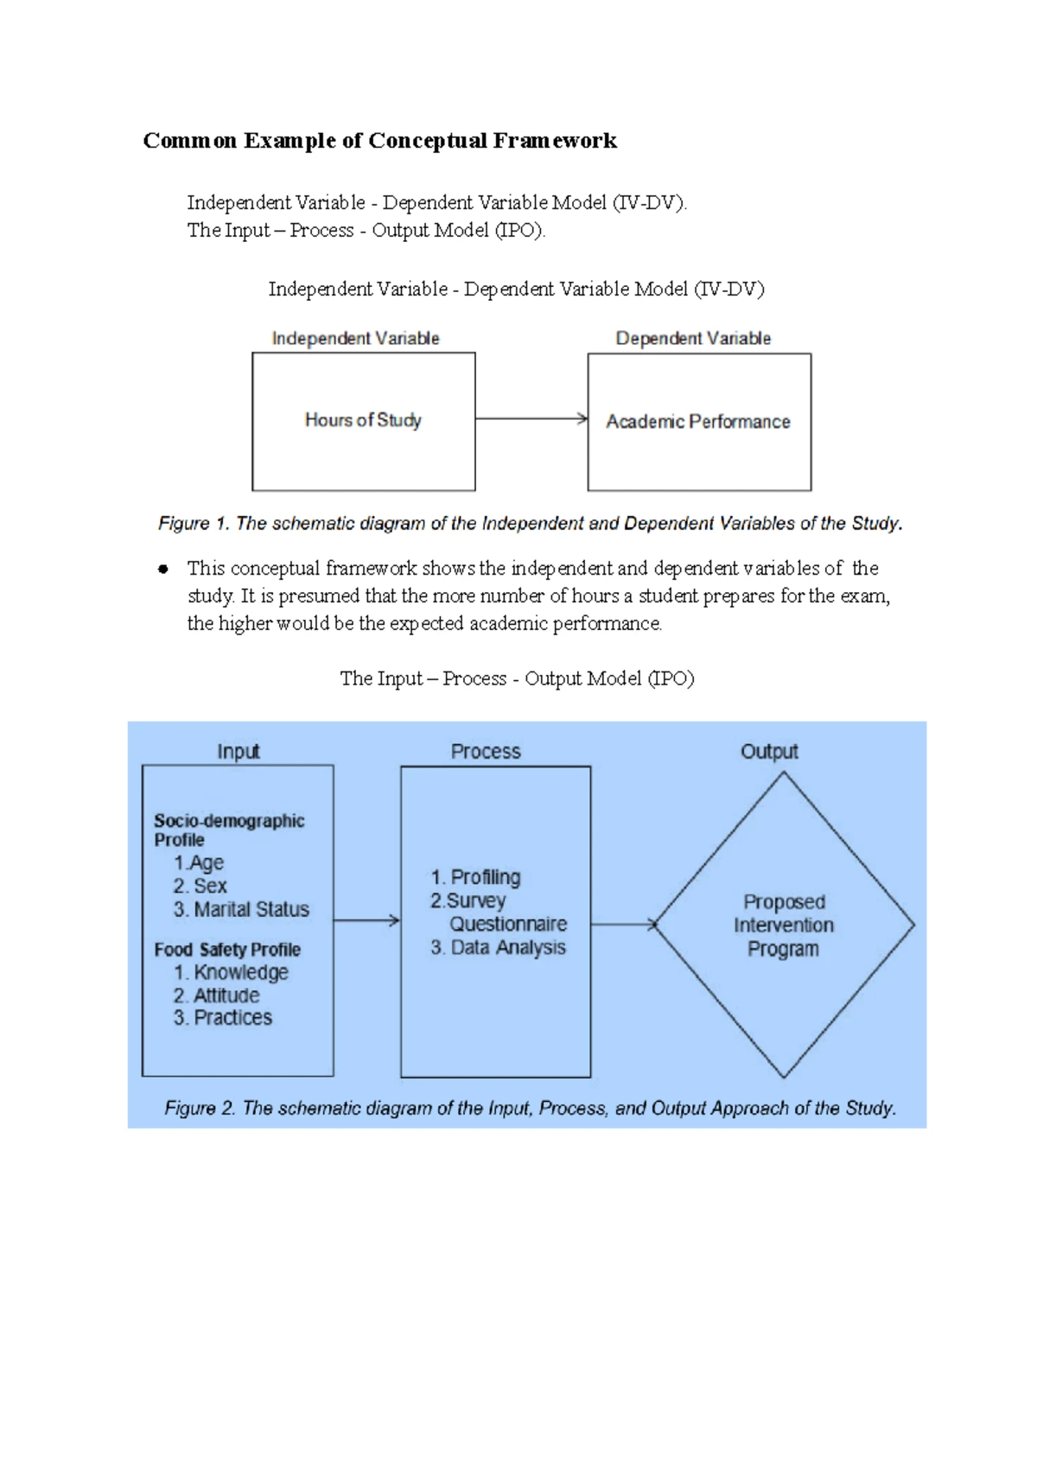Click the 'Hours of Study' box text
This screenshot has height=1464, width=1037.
pos(363,420)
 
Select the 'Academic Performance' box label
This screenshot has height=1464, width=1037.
pos(698,422)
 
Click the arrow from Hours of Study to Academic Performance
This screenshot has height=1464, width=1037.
pos(531,419)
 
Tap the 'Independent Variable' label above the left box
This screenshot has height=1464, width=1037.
pos(355,339)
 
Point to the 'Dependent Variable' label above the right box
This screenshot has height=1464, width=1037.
pos(693,339)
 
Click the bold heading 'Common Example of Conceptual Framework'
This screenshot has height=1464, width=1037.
pos(379,141)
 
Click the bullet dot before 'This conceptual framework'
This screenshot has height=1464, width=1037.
pos(162,569)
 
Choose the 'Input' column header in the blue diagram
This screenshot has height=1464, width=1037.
pos(238,751)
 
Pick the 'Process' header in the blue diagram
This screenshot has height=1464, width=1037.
pos(486,751)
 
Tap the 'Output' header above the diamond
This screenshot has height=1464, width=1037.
pos(769,751)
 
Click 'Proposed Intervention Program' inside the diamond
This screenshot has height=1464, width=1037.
pos(784,926)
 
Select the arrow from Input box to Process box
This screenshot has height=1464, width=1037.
pos(366,920)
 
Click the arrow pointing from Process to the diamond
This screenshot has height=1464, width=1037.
pos(623,925)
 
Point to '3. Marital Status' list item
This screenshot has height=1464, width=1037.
pos(241,909)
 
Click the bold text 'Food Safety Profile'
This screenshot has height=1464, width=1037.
pos(227,950)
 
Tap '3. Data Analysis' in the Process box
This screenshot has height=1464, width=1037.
pos(499,947)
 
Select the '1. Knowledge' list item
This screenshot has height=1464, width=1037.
pos(232,972)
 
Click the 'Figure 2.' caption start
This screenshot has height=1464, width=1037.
pos(200,1109)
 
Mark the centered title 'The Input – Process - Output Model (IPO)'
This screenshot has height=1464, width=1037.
pos(517,678)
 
